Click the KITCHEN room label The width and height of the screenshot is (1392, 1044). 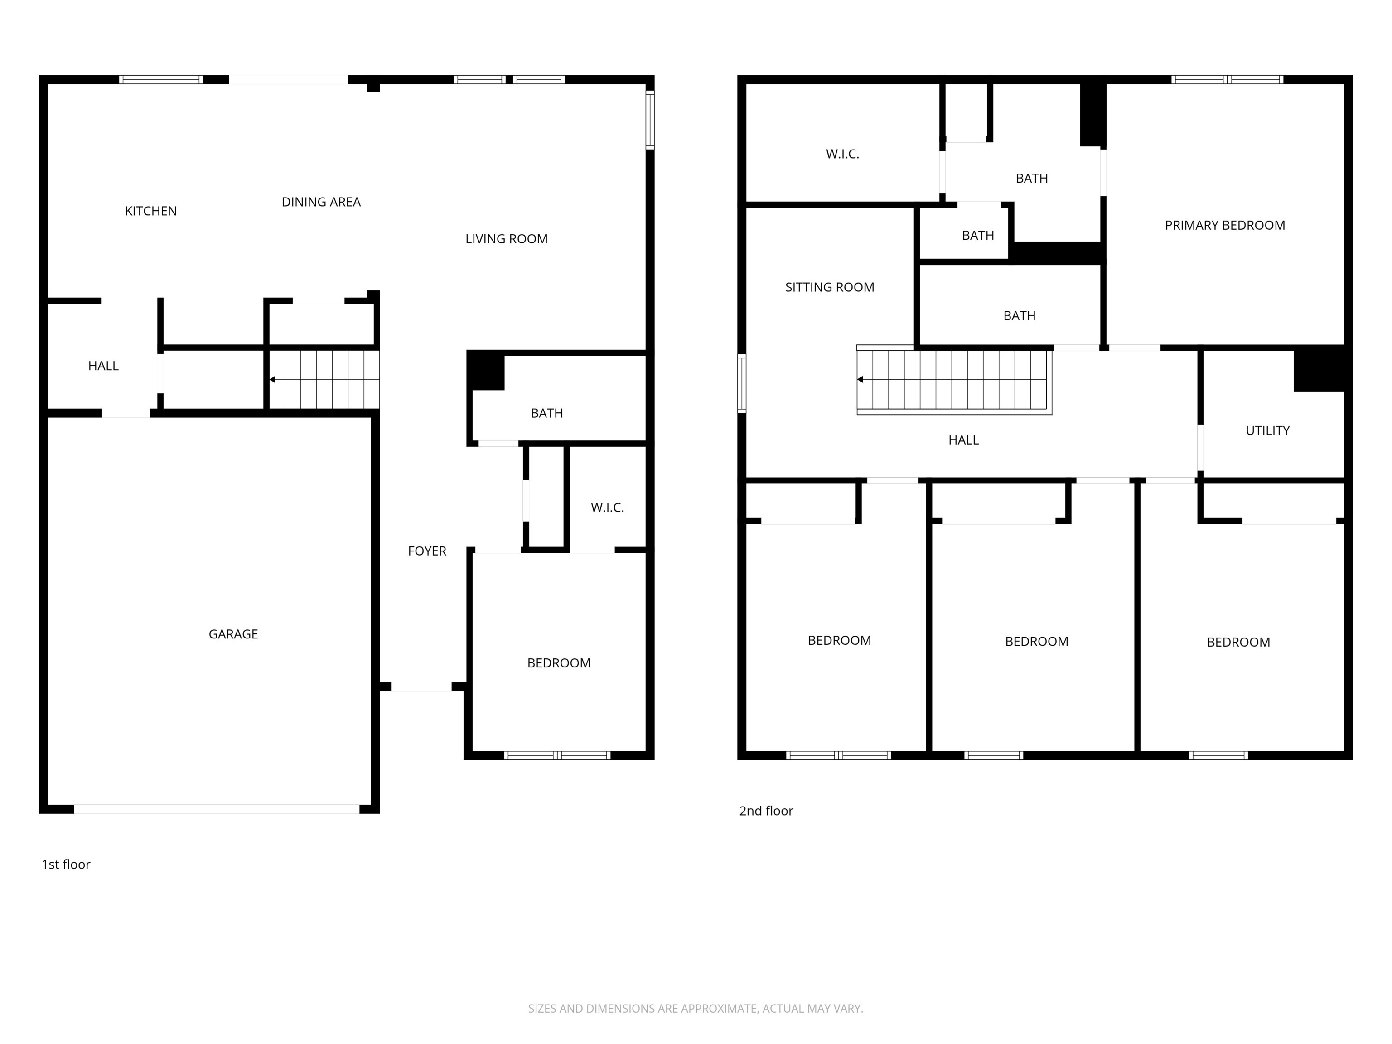150,211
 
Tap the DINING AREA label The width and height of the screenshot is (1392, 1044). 321,202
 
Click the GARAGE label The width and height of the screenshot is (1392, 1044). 233,634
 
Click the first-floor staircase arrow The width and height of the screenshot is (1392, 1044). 272,379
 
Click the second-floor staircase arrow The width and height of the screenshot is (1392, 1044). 860,379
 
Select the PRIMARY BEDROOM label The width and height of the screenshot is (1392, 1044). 1225,225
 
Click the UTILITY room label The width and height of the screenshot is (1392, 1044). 1267,431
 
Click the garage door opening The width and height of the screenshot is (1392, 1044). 217,809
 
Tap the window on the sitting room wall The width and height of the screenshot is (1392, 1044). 742,383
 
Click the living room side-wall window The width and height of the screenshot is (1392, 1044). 651,120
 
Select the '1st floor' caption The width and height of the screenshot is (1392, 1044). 66,865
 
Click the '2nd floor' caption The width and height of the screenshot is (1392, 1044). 766,811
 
